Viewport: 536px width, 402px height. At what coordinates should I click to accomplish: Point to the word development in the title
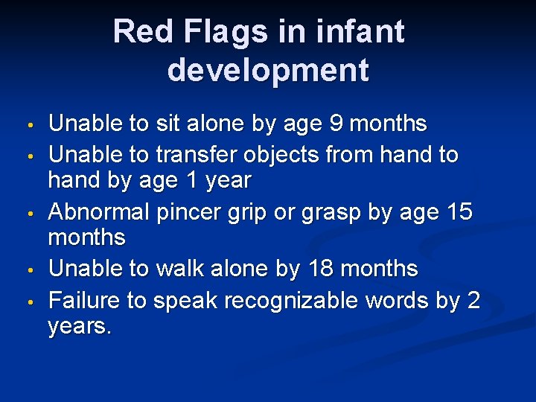(x=268, y=71)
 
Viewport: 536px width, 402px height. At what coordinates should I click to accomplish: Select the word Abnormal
(x=98, y=212)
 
